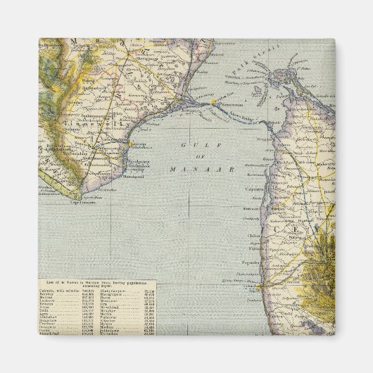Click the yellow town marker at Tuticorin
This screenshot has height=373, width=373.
130,144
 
